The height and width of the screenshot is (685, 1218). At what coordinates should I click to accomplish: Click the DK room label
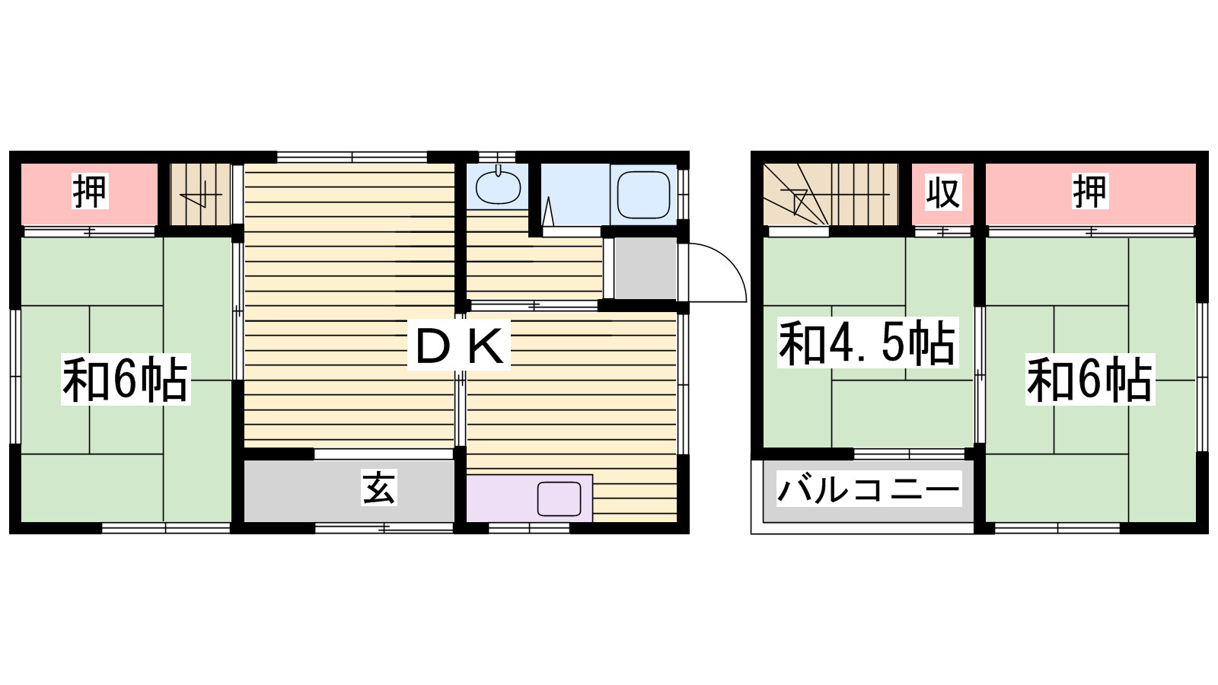click(459, 345)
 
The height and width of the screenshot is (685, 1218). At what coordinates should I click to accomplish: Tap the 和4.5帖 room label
click(867, 342)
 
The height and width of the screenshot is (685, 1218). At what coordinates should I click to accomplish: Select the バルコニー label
click(869, 489)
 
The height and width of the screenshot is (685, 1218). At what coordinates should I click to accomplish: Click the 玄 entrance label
click(379, 488)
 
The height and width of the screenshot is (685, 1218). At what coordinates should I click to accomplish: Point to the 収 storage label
click(943, 191)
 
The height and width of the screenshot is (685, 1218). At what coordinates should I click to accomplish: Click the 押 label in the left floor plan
click(90, 191)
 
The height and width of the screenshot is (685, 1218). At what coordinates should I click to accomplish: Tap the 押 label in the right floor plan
click(1089, 191)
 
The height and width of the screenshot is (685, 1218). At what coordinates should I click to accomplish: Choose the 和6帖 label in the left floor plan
click(126, 378)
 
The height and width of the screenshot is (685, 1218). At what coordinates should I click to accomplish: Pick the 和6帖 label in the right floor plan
click(1089, 379)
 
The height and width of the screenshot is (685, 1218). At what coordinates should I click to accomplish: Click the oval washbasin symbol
click(498, 187)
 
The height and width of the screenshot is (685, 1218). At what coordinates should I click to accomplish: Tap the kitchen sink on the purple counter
click(559, 499)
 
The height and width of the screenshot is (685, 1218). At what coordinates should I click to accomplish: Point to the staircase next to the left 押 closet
click(201, 194)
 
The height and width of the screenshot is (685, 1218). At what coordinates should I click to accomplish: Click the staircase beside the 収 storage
click(831, 194)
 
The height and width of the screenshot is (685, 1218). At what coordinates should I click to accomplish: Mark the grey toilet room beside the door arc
click(646, 268)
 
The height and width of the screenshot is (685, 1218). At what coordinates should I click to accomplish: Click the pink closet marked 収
click(942, 194)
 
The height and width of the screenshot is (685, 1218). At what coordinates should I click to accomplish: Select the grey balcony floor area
click(869, 492)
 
